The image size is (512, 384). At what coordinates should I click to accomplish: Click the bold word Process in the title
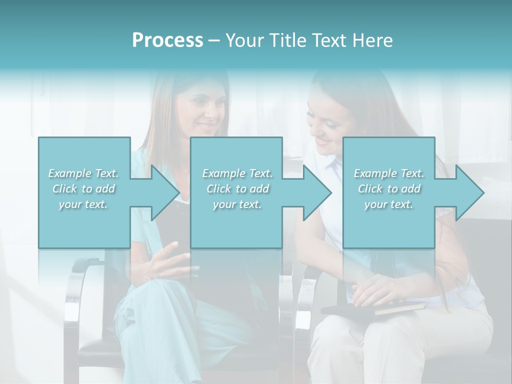click(x=167, y=41)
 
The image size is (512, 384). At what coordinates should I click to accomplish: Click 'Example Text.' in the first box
click(x=83, y=173)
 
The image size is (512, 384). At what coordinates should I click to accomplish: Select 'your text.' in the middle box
click(x=237, y=204)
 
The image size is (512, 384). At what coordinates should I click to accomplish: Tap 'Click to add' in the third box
click(x=389, y=189)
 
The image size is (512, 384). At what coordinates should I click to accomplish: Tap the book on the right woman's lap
click(x=373, y=308)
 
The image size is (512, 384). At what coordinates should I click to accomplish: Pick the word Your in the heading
click(x=242, y=41)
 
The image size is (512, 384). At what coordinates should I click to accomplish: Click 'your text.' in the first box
click(x=83, y=204)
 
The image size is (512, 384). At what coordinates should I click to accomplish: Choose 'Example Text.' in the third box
click(x=389, y=173)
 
